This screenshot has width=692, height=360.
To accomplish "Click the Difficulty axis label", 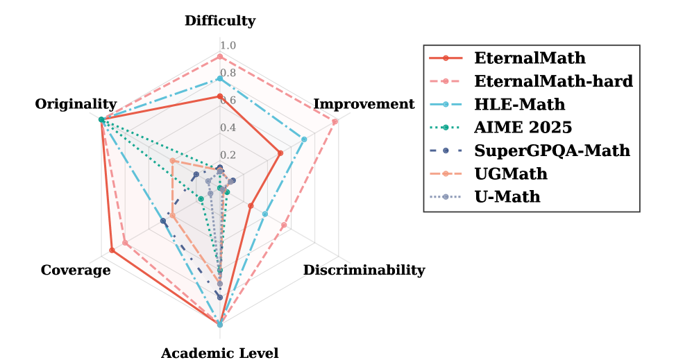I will (219, 21).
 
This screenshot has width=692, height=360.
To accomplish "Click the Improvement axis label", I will (364, 104).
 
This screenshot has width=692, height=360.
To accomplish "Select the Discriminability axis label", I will (364, 270).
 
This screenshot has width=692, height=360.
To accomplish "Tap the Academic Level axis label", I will (219, 353).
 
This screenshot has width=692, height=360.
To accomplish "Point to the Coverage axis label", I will (76, 270).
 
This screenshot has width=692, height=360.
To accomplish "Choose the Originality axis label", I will (76, 104).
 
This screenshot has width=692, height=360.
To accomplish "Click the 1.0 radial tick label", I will (228, 46).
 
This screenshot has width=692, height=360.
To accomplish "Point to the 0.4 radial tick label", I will (228, 128).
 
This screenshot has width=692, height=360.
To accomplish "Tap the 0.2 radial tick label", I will (228, 155).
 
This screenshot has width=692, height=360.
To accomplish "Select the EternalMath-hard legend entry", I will (553, 80).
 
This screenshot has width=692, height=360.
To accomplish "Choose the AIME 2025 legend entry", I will (523, 127).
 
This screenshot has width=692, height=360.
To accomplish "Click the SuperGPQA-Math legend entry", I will (552, 150).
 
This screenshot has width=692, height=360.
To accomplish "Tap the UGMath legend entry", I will (511, 173).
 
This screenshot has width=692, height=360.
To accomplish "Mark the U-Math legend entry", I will (507, 196).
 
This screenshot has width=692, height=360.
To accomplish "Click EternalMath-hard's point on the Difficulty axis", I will (219, 56).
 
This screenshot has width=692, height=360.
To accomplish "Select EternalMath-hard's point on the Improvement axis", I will (336, 121).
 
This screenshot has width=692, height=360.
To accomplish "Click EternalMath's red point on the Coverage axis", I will (112, 250).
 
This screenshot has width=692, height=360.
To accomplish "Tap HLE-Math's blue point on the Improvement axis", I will (304, 139).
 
